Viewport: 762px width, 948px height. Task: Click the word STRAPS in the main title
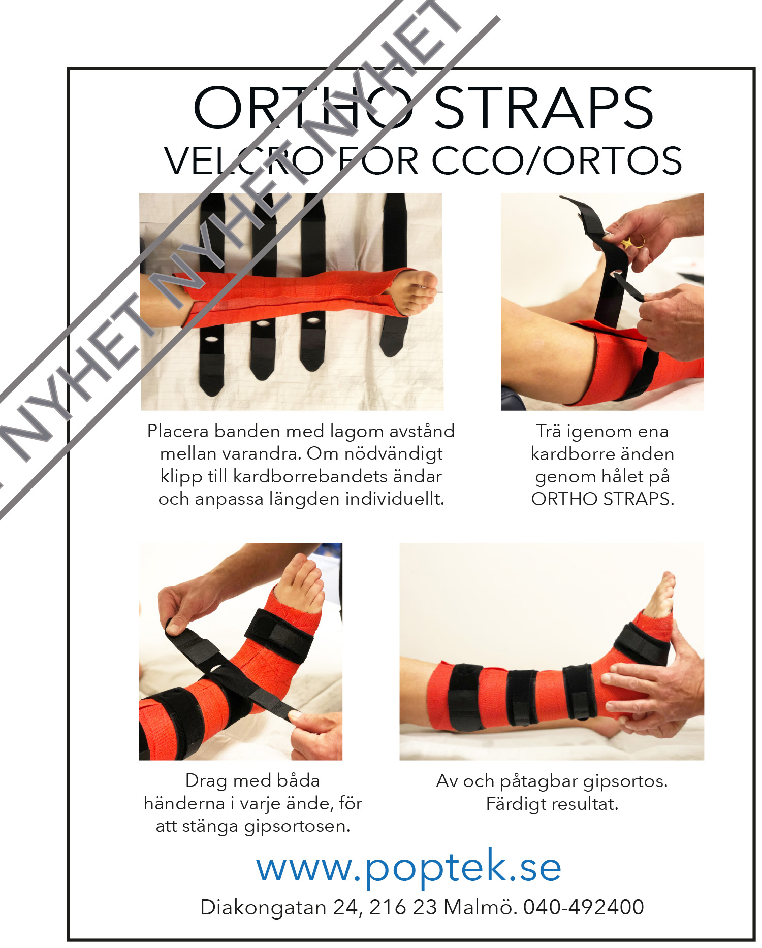[x=544, y=108]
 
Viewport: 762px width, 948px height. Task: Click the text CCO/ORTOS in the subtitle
[x=556, y=161]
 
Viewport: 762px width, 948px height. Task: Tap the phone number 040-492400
[x=584, y=907]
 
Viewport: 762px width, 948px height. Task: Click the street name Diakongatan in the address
[x=263, y=908]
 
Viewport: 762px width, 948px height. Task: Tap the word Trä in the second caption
[x=549, y=431]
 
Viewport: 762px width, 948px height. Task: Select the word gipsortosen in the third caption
[x=297, y=827]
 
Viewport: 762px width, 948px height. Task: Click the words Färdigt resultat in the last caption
[x=552, y=804]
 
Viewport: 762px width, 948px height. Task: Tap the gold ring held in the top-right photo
[x=634, y=242]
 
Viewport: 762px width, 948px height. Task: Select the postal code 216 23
[x=403, y=907]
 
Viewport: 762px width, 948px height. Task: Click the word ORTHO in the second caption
[x=564, y=499]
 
